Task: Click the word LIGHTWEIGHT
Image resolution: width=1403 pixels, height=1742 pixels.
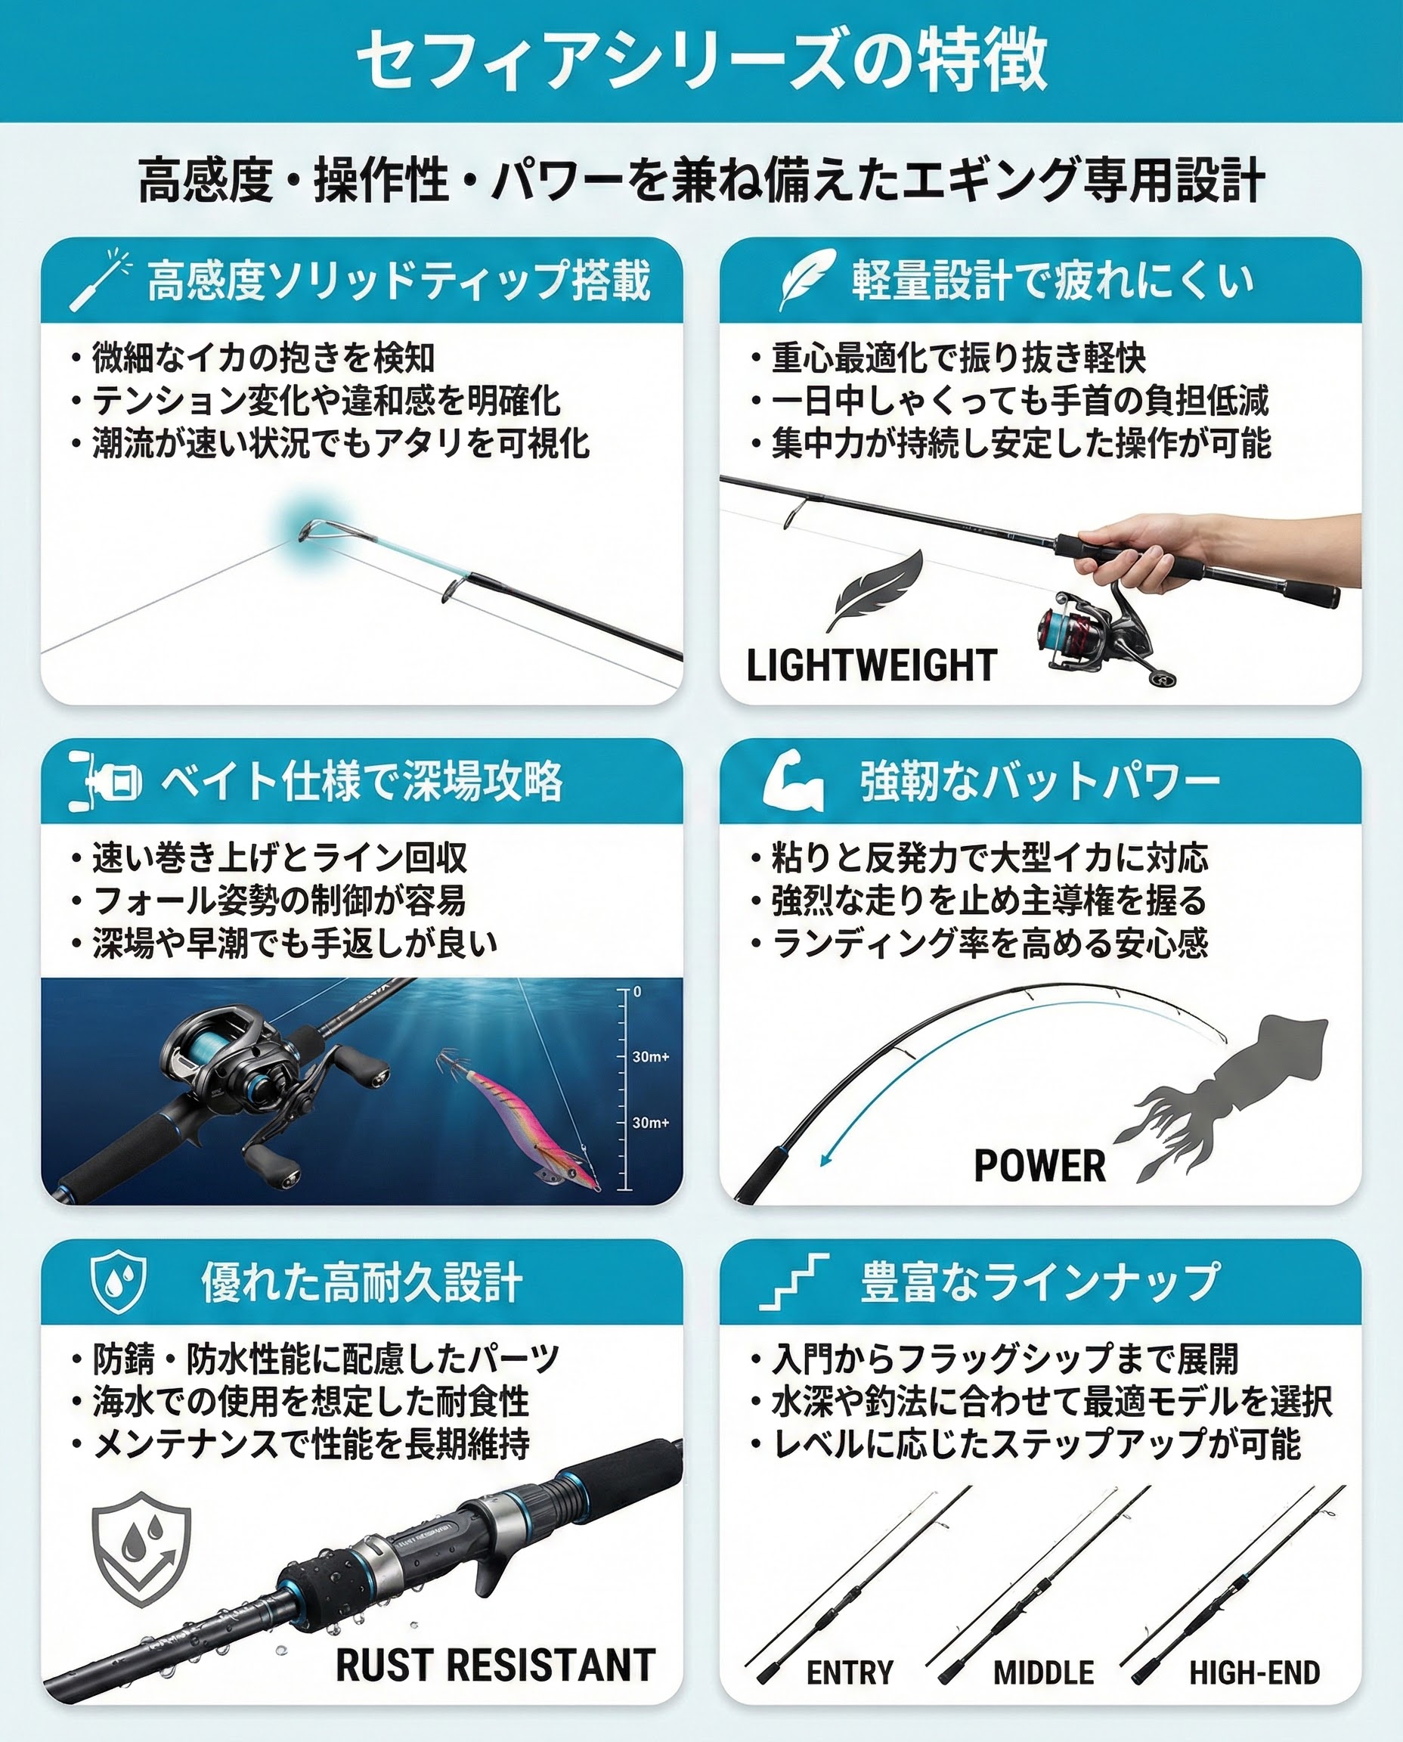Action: (x=872, y=666)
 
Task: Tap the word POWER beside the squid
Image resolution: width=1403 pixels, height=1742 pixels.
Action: (x=1039, y=1166)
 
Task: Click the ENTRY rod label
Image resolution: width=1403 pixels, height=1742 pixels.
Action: (x=850, y=1672)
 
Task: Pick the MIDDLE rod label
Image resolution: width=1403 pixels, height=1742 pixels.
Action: (x=1043, y=1672)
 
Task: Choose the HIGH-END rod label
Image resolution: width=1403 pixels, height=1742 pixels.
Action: (x=1254, y=1672)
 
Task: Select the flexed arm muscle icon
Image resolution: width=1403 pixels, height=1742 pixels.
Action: (x=793, y=780)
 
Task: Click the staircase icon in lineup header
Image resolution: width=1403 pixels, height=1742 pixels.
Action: (x=794, y=1282)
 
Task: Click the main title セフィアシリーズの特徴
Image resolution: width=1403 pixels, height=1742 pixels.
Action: (x=701, y=60)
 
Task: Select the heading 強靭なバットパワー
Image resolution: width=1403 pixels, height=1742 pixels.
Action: (x=1039, y=782)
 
